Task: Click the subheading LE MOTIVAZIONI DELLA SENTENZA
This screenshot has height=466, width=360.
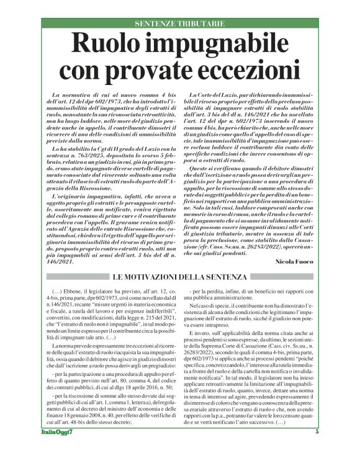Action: point(180,277)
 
